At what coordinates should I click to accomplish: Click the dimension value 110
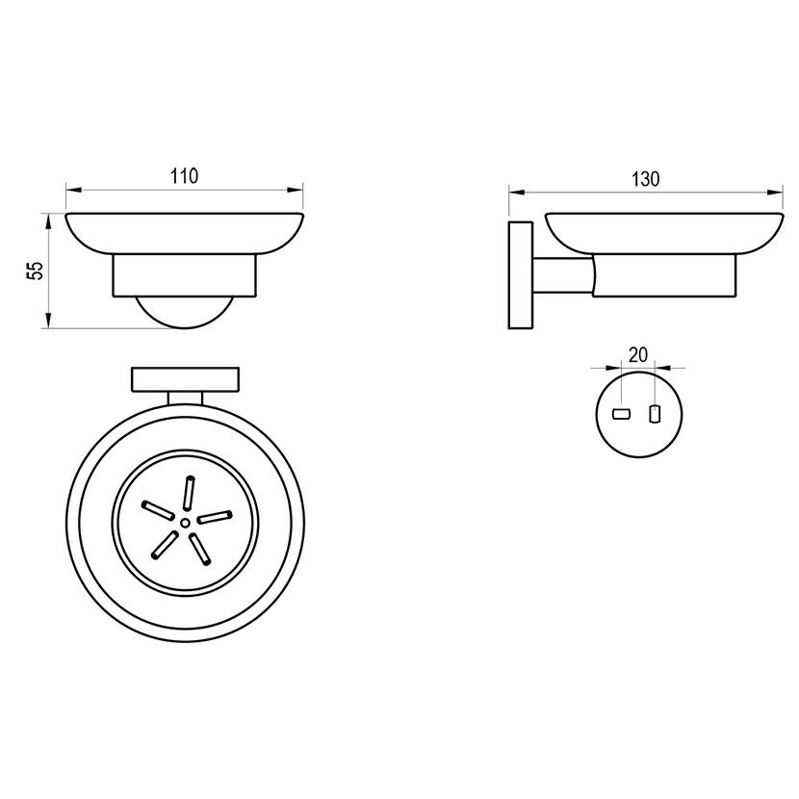[184, 176]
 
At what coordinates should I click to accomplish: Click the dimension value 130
[646, 179]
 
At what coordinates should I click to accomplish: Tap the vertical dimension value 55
[36, 271]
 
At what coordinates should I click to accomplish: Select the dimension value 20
[637, 354]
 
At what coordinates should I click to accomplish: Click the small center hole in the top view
[185, 523]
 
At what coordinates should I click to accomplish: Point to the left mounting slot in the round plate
[621, 414]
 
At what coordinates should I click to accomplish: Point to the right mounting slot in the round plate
[655, 414]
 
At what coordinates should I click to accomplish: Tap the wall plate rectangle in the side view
[520, 274]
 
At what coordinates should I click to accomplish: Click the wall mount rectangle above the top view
[186, 379]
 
